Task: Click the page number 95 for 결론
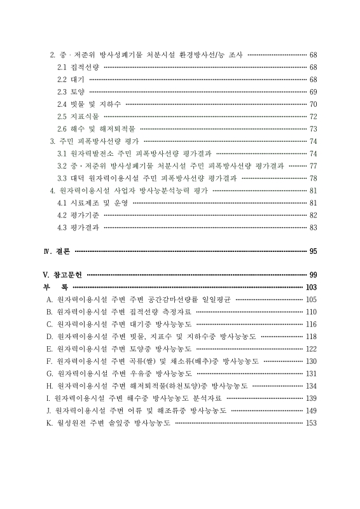point(313,251)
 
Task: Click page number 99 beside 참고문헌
point(313,275)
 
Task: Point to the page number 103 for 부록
point(311,288)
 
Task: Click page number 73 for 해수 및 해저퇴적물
point(313,129)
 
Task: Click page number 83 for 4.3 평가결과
point(313,227)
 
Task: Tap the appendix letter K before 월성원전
point(48,423)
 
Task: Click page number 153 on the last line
point(311,423)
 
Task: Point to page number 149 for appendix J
point(311,410)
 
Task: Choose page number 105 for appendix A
point(311,299)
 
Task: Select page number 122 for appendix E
point(311,349)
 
